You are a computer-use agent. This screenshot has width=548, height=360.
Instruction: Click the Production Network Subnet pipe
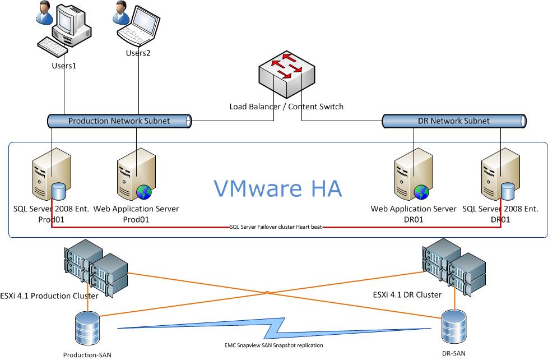tap(118, 121)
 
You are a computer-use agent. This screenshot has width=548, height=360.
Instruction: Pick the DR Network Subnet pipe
tap(453, 121)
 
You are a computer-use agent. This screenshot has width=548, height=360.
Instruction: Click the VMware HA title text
tap(278, 188)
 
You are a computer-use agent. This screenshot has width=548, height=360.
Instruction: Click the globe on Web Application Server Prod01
tap(144, 192)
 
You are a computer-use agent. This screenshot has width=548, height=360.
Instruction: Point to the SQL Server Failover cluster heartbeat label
tap(277, 228)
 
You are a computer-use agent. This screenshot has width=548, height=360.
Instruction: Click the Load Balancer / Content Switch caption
tap(286, 107)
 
